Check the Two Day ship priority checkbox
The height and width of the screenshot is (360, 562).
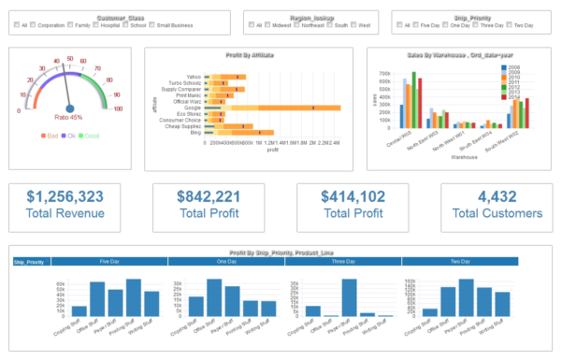[506, 25]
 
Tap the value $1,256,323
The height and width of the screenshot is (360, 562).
[65, 196]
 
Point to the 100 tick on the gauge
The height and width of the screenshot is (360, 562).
[118, 109]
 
